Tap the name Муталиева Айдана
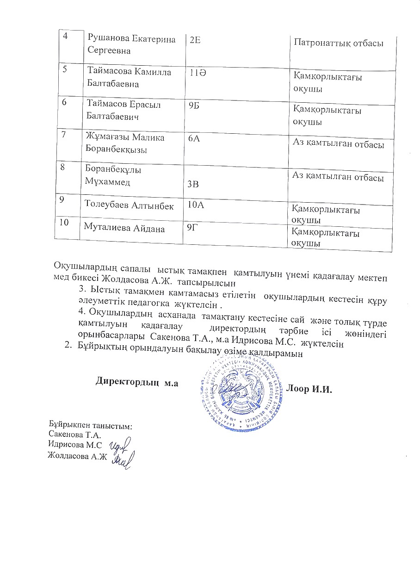point(124,227)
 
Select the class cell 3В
point(193,184)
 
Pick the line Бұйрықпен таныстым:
point(91,425)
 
